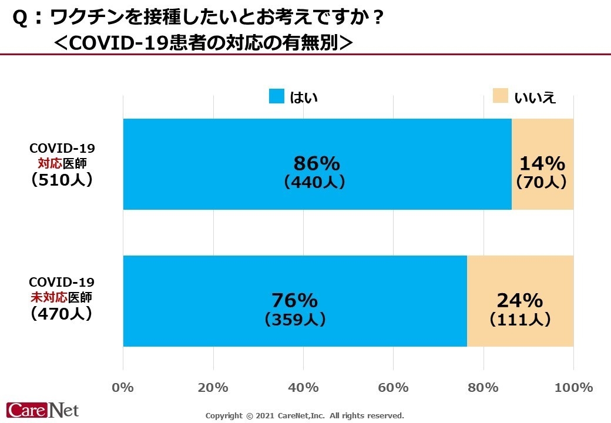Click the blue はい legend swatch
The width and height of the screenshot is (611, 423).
click(x=277, y=96)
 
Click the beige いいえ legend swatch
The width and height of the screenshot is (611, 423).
click(x=501, y=96)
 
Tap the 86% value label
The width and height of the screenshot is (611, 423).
click(x=317, y=163)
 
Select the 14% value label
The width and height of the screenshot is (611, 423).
click(x=542, y=163)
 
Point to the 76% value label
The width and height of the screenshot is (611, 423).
click(x=294, y=301)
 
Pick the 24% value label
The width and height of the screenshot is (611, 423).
click(x=519, y=301)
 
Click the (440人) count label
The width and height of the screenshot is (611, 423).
click(x=314, y=183)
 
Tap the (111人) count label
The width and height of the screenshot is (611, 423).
click(x=519, y=320)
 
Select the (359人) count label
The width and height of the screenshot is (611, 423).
click(x=295, y=320)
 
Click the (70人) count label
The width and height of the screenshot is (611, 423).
click(x=541, y=183)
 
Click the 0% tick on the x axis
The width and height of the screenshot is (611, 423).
click(x=123, y=388)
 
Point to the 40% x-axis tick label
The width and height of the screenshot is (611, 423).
click(x=303, y=388)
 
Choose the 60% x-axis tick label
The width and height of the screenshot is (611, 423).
click(x=393, y=388)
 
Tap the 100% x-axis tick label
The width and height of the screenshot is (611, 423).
click(x=573, y=388)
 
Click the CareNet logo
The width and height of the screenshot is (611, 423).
click(x=42, y=409)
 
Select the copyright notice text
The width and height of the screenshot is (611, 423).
click(x=304, y=415)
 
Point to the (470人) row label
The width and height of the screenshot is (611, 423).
click(x=62, y=314)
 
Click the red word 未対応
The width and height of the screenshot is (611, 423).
click(x=46, y=297)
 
